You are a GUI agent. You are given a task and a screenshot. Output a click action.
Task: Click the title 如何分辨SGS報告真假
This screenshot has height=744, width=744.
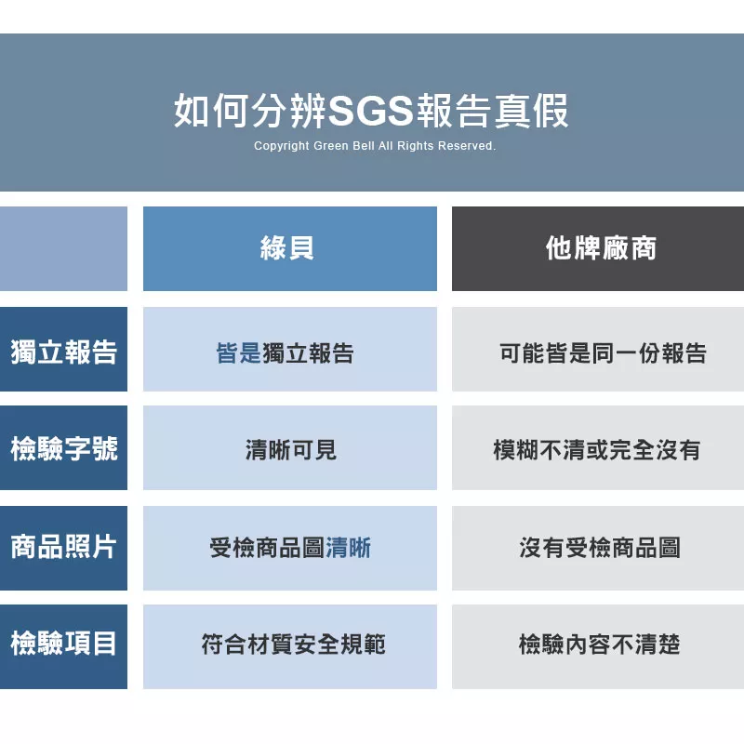click(x=371, y=111)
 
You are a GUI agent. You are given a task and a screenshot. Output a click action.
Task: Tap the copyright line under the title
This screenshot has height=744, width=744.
click(x=375, y=146)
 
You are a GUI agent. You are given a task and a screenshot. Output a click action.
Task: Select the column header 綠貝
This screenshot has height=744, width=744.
click(x=287, y=247)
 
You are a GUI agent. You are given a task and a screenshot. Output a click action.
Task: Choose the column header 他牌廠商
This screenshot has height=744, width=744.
click(x=601, y=247)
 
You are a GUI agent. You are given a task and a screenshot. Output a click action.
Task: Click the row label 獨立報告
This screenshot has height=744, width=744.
click(x=64, y=352)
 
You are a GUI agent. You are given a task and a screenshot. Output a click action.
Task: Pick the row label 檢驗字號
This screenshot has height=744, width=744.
click(x=64, y=449)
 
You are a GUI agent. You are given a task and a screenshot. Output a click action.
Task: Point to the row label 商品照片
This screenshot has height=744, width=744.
click(x=64, y=547)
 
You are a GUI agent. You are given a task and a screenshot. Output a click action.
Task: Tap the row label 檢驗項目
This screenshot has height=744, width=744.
click(x=64, y=644)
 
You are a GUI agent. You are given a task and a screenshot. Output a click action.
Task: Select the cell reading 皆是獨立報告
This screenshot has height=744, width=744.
click(x=285, y=353)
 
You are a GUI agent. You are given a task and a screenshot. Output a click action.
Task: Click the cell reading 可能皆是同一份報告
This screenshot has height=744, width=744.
click(x=603, y=353)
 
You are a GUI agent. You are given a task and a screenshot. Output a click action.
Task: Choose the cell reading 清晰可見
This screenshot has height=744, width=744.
click(x=291, y=450)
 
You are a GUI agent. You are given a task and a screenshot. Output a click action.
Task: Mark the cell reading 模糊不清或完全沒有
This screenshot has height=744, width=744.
click(x=597, y=450)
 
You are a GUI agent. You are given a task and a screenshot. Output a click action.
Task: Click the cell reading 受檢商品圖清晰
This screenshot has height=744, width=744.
click(x=290, y=548)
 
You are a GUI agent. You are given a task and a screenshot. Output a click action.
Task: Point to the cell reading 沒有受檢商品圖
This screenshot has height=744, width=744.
click(x=600, y=548)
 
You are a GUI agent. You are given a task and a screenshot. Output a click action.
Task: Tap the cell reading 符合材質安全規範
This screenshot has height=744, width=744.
click(x=294, y=644)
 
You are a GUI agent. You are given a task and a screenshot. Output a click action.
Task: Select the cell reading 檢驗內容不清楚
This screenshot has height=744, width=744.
click(x=600, y=644)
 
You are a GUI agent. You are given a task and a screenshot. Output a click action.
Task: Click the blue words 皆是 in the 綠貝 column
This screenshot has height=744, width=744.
click(x=239, y=353)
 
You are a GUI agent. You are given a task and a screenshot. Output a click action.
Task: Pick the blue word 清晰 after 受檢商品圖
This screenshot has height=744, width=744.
click(x=348, y=548)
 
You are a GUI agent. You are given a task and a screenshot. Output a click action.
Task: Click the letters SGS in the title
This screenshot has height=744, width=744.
click(x=371, y=111)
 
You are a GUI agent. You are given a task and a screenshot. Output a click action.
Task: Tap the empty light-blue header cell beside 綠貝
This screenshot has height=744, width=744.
click(x=63, y=248)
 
